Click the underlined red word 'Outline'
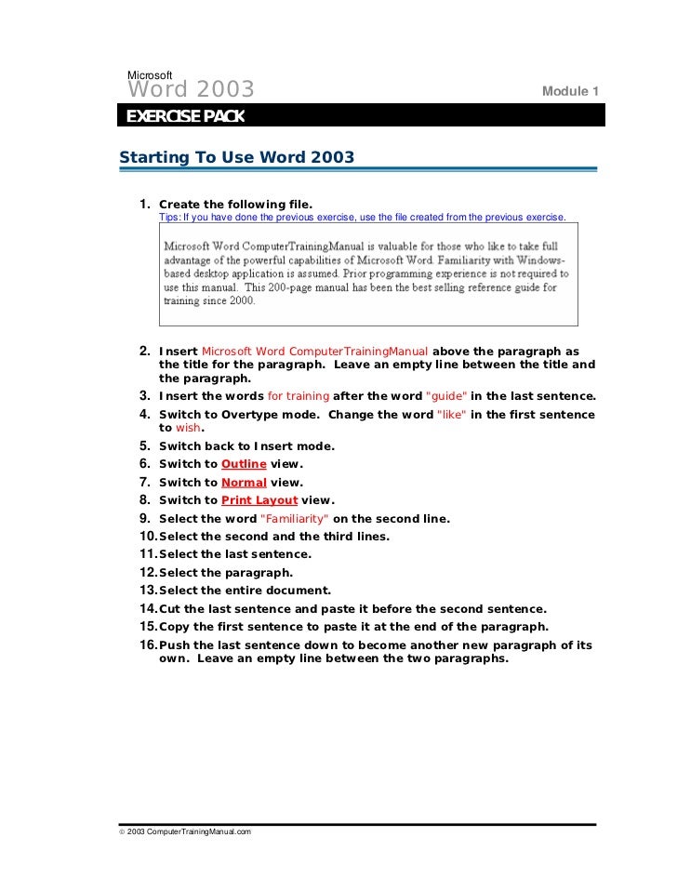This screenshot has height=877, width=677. pos(243,464)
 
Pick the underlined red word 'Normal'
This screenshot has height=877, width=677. pos(244,482)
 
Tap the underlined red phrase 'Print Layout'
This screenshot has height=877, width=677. pos(259,500)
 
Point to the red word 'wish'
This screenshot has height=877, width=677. pos(189,428)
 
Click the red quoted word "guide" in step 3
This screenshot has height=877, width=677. pos(447,396)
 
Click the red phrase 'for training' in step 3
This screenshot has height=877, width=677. pos(299,396)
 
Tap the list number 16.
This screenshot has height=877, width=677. pos(148,645)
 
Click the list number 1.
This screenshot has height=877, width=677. pos(145,204)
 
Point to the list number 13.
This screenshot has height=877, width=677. pos(148,591)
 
